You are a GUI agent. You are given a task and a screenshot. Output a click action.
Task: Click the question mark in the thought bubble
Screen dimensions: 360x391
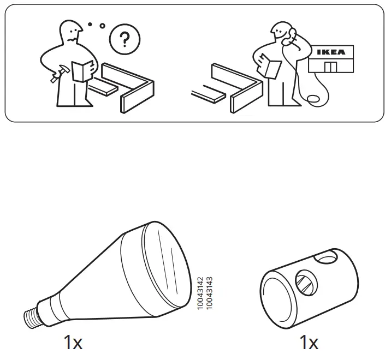[x=125, y=40]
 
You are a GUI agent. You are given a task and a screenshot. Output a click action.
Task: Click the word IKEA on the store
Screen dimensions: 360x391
[x=330, y=52]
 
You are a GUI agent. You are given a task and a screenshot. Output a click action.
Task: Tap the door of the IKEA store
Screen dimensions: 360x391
[x=330, y=67]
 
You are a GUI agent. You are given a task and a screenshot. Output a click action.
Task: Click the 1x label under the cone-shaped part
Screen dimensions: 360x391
[x=73, y=343]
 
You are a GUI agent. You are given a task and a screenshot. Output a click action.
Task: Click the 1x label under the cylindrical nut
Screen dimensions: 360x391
[x=309, y=343]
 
